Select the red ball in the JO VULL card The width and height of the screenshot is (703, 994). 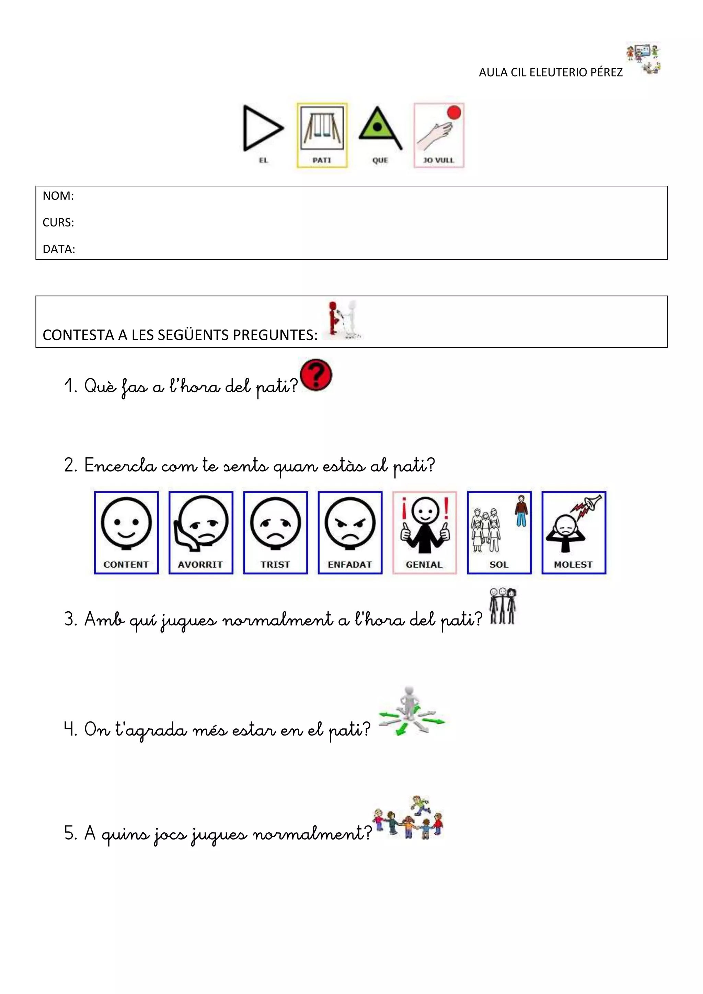(x=454, y=113)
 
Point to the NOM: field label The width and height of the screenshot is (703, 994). (x=58, y=196)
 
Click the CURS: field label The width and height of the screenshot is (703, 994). (x=58, y=222)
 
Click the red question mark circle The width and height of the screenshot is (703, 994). (x=316, y=375)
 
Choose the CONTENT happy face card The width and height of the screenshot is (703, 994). (x=126, y=532)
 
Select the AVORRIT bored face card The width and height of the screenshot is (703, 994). (x=201, y=532)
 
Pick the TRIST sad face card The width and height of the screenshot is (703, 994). (x=275, y=532)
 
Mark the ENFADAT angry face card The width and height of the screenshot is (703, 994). (x=350, y=532)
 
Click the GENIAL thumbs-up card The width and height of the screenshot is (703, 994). (x=424, y=532)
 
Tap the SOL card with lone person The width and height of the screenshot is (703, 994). (x=499, y=532)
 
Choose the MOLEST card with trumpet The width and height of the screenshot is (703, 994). (x=574, y=532)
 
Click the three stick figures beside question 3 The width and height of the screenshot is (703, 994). (x=503, y=606)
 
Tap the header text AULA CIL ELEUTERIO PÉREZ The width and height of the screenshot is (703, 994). (x=551, y=72)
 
